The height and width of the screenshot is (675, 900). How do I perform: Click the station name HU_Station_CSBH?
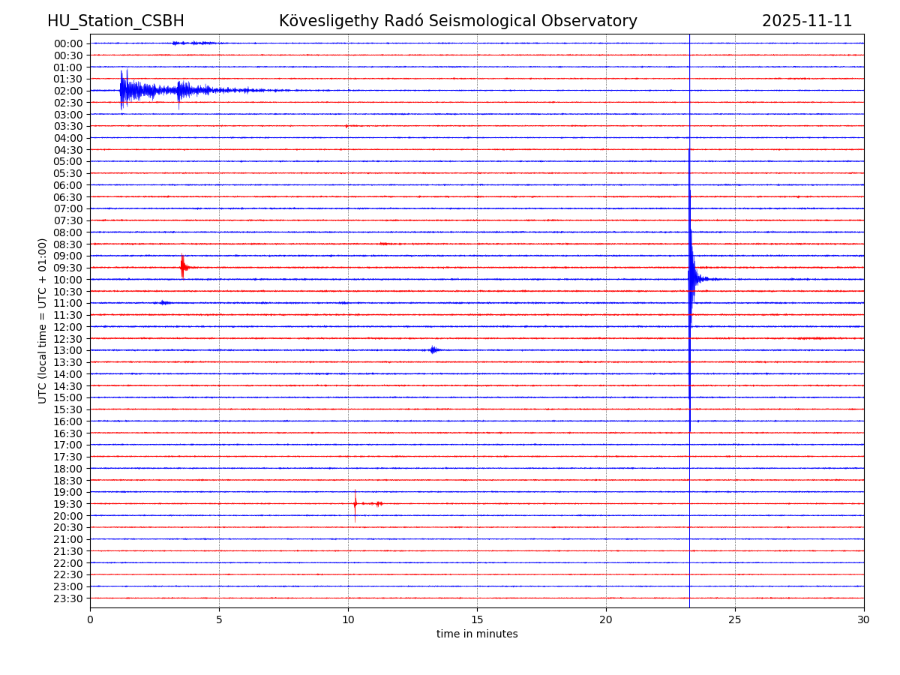coord(115,21)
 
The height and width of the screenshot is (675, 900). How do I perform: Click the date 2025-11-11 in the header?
coord(807,21)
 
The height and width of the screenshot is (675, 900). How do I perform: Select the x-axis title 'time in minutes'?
coord(477,634)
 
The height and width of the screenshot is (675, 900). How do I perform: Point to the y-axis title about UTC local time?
coord(43,320)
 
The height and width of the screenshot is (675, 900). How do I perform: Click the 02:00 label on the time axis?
coord(68,91)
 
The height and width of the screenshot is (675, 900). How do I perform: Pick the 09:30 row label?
coord(68,268)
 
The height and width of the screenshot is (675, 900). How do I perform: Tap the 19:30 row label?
coord(68,504)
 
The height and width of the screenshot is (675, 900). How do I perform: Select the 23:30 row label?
coord(68,598)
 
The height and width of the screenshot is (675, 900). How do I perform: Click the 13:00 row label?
coord(68,350)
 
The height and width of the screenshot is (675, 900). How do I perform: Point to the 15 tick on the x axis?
coord(477,619)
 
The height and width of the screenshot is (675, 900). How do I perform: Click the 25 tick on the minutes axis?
coord(735,619)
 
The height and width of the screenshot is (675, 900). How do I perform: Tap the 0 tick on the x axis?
coord(90,619)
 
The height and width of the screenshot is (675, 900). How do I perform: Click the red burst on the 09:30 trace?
coord(183,267)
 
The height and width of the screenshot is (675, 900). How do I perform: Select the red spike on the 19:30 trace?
coord(355,503)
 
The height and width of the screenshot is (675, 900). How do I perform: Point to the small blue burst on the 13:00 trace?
coord(433,349)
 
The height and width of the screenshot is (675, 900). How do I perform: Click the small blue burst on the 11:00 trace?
coord(163,302)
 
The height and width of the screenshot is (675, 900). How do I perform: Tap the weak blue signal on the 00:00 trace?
coord(191,43)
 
